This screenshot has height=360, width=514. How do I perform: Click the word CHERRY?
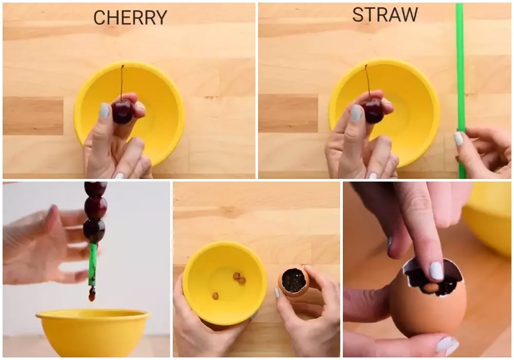coord(130,17)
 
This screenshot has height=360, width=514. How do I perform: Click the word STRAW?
coord(384,15)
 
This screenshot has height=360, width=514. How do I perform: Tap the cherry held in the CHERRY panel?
coord(122,112)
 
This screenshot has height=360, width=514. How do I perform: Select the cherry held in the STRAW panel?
coord(373,111)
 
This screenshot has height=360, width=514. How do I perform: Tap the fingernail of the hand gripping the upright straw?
coord(458,138)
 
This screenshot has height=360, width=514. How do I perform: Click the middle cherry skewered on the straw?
coord(96,208)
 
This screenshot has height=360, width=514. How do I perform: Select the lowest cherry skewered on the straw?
coord(94,230)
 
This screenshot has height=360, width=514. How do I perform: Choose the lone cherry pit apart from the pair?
coord(215,296)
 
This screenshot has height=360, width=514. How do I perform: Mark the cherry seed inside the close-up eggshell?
coord(431,287)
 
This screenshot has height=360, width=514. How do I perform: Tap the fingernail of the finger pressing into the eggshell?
coord(436,271)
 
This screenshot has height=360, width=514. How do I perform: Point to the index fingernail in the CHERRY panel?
coord(104,111)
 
